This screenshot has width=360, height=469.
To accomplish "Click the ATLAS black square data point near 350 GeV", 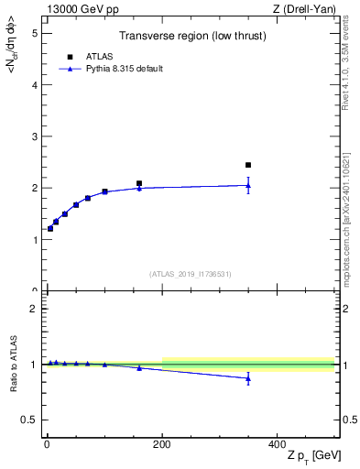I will pos(248,165).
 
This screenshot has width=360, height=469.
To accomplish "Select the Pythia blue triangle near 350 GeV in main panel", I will pos(248,185).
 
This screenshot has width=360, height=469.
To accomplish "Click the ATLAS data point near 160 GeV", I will pos(139,183).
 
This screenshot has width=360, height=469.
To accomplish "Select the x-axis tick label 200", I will pos(162,444).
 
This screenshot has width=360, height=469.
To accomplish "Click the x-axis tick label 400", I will pos(278,444).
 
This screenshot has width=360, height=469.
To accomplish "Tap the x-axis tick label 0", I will pos(47,444).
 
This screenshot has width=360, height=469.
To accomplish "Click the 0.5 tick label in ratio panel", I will pos(30,420).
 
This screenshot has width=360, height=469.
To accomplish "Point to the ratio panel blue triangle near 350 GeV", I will pos(248,378).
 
